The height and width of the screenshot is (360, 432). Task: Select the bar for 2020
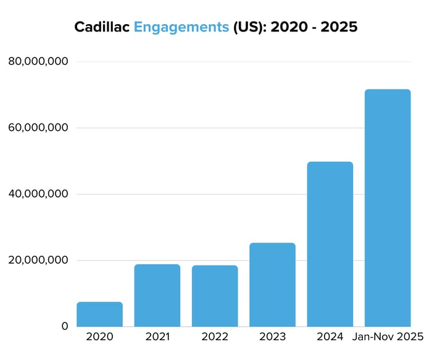click(x=99, y=314)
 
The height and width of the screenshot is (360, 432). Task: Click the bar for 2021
click(x=157, y=295)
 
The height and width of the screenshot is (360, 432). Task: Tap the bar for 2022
click(x=215, y=296)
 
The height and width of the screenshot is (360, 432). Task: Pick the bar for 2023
click(x=272, y=285)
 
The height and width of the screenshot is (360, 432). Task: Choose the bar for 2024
click(x=330, y=244)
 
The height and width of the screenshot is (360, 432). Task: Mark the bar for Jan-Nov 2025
click(x=388, y=208)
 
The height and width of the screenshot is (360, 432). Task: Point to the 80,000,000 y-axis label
click(x=38, y=62)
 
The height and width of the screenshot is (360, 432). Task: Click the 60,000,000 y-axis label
click(x=38, y=128)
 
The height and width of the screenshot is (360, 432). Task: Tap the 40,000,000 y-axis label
click(x=38, y=194)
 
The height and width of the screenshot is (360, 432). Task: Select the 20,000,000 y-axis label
click(x=38, y=260)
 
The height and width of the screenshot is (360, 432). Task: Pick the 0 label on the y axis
click(x=64, y=326)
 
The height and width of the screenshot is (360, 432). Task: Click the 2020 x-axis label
click(x=99, y=337)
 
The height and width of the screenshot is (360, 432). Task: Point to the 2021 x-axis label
click(x=157, y=337)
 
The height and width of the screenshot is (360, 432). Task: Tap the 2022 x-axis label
click(x=215, y=337)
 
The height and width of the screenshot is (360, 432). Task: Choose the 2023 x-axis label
click(x=272, y=337)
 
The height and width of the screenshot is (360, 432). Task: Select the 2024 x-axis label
click(x=330, y=337)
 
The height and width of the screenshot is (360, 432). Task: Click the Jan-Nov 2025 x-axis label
click(x=388, y=337)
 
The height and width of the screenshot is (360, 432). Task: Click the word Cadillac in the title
click(x=101, y=28)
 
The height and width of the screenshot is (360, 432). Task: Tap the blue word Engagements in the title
click(x=182, y=28)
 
